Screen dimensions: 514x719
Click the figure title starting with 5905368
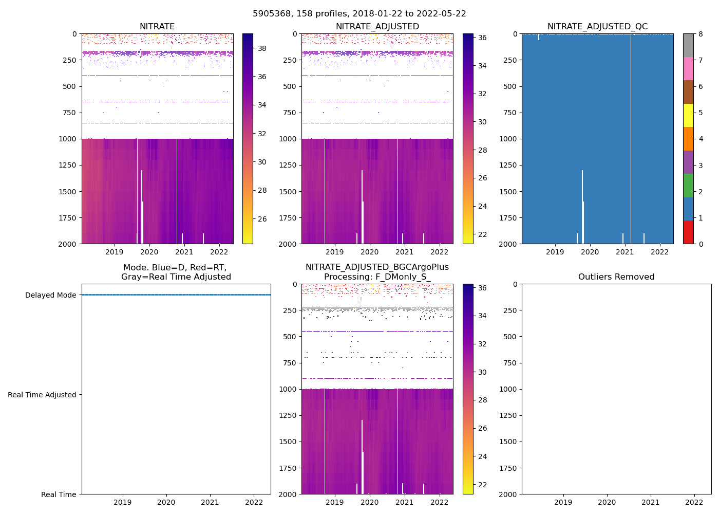pyautogui.click(x=359, y=14)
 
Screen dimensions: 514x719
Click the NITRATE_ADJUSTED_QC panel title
pyautogui.click(x=597, y=27)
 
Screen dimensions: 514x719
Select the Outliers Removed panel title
pyautogui.click(x=616, y=277)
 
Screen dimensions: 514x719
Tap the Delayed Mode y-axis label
pyautogui.click(x=50, y=295)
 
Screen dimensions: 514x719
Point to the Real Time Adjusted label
pyautogui.click(x=42, y=395)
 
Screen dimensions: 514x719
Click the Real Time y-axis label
pyautogui.click(x=59, y=494)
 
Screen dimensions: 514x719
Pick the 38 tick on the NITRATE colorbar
pyautogui.click(x=262, y=48)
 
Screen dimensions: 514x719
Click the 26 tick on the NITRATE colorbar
pyautogui.click(x=262, y=219)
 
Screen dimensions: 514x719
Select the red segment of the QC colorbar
pyautogui.click(x=688, y=232)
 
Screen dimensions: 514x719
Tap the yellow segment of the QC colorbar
pyautogui.click(x=688, y=115)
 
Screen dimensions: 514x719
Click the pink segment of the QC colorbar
pyautogui.click(x=688, y=68)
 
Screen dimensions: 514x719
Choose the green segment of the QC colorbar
pyautogui.click(x=688, y=185)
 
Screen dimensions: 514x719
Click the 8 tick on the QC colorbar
pyautogui.click(x=701, y=34)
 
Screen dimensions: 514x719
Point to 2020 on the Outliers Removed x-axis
pyautogui.click(x=607, y=502)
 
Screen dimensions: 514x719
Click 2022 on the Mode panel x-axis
pyautogui.click(x=254, y=502)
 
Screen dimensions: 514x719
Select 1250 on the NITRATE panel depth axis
pyautogui.click(x=68, y=165)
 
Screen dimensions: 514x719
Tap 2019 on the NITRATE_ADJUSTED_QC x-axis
pyautogui.click(x=555, y=252)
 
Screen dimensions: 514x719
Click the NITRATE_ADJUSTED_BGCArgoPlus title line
pyautogui.click(x=377, y=267)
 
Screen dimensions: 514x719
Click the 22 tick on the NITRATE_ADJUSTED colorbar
pyautogui.click(x=482, y=234)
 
